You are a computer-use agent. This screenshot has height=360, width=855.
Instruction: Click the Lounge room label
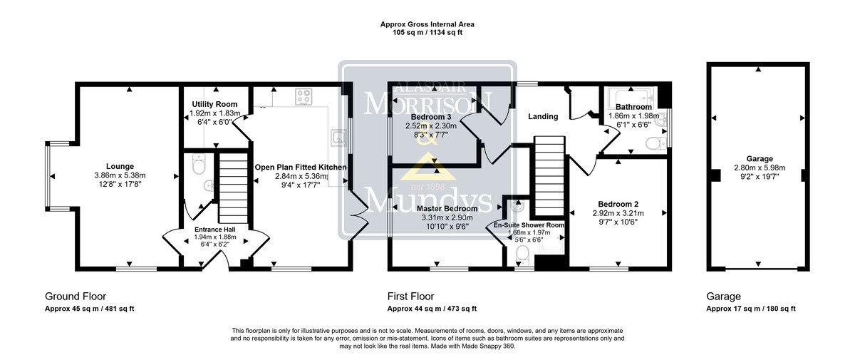(x=120, y=166)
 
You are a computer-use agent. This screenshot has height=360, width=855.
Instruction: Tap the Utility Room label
(x=214, y=104)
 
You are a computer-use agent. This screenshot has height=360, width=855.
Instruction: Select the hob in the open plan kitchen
(x=304, y=96)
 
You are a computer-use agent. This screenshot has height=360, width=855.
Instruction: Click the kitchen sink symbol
(x=338, y=138)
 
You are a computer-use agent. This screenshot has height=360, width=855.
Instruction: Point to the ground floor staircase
(x=233, y=188)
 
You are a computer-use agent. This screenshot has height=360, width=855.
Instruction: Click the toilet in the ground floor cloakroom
(x=199, y=164)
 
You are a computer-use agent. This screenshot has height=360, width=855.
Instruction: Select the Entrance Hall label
(x=215, y=230)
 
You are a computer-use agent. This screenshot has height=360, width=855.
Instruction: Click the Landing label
(x=543, y=116)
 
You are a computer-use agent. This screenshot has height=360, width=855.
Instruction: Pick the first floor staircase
(x=549, y=176)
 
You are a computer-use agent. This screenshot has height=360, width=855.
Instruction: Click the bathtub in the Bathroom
(x=631, y=95)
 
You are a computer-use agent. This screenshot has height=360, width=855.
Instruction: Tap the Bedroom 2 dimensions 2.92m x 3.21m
(x=618, y=213)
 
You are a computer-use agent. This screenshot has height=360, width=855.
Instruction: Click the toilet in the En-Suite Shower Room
(x=522, y=254)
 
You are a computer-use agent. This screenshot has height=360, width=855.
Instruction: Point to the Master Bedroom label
(x=447, y=209)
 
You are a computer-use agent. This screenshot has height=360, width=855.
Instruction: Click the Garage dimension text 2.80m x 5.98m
(x=760, y=168)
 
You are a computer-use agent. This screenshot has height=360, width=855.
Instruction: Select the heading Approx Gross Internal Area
(x=427, y=24)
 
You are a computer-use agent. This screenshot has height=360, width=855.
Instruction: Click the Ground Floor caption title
(x=76, y=297)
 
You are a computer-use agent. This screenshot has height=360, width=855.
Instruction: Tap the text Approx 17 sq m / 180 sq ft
(x=751, y=309)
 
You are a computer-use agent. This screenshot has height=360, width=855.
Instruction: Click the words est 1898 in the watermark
(x=428, y=187)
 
